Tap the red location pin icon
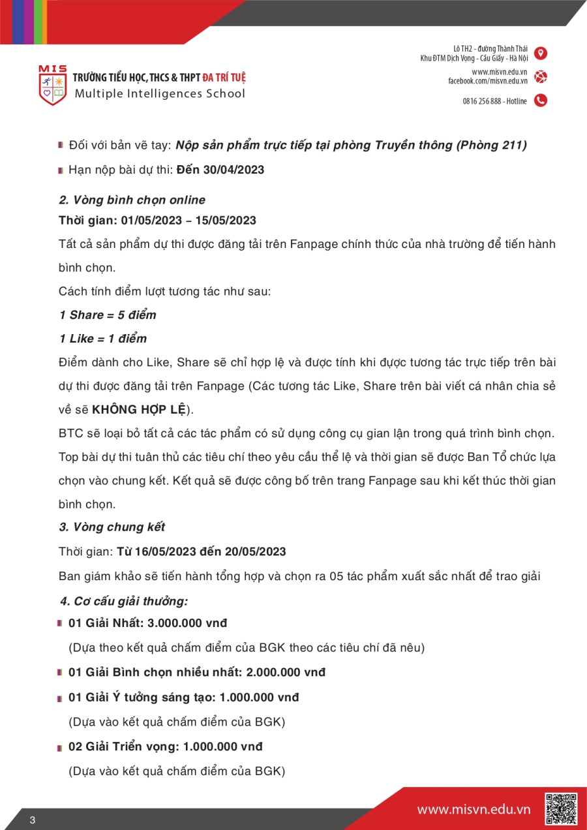541,54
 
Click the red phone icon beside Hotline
541,100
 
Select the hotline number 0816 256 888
482,101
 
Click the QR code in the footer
561,809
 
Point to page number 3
32,820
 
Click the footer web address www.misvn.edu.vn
474,810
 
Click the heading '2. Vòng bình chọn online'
132,200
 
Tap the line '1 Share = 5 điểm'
108,315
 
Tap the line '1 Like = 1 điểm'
102,339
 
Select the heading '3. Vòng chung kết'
112,527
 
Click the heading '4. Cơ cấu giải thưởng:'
124,601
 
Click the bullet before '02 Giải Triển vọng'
60,746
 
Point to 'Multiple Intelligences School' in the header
160,93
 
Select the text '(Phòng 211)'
494,145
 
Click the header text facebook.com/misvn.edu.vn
487,81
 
